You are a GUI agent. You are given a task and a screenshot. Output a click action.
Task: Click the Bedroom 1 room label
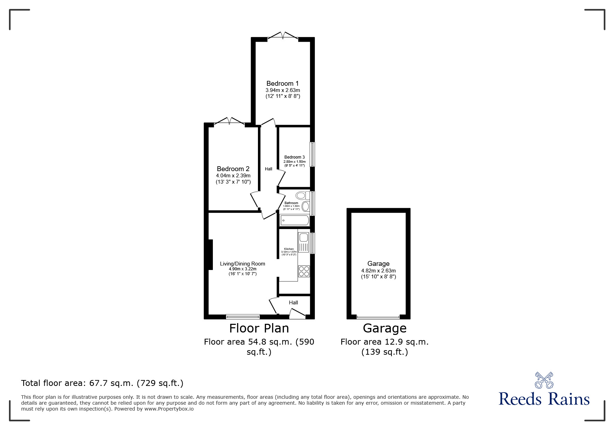click(x=283, y=84)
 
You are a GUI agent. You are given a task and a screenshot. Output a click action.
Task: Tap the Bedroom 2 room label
click(x=233, y=169)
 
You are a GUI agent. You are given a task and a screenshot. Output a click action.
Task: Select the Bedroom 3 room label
click(x=294, y=157)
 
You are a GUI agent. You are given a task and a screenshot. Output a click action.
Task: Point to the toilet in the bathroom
click(x=302, y=195)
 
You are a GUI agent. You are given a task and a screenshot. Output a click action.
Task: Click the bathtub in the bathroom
click(x=295, y=220)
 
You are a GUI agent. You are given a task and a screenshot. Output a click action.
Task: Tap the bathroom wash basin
click(x=305, y=207)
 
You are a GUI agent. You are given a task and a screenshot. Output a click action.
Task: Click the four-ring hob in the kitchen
click(x=304, y=271)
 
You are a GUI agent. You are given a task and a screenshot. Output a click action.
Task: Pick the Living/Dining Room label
click(x=242, y=264)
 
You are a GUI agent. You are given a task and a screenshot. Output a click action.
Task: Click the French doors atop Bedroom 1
click(x=283, y=35)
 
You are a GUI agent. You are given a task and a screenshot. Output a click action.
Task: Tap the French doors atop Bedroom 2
click(x=230, y=121)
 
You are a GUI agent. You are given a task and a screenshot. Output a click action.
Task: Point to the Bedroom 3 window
click(x=312, y=154)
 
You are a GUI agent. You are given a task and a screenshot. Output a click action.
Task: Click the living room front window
click(x=243, y=316)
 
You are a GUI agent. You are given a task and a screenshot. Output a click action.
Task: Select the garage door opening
click(x=378, y=317)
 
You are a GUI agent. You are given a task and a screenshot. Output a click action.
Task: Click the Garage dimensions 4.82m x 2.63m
click(x=378, y=271)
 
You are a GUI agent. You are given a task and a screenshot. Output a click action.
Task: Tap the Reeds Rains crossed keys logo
click(x=544, y=380)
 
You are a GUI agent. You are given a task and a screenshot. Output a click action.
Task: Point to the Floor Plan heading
click(x=259, y=328)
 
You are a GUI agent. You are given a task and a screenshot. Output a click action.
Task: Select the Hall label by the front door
click(x=293, y=303)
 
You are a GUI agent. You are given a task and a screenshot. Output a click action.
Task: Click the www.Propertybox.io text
click(x=169, y=409)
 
